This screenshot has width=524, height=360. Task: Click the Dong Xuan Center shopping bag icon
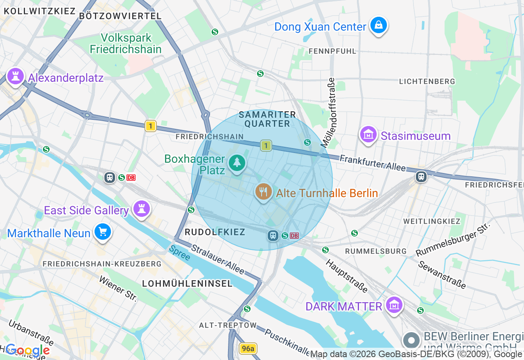point(379,26)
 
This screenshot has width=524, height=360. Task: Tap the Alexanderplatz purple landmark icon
point(16,76)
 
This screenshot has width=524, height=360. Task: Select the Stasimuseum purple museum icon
point(368,135)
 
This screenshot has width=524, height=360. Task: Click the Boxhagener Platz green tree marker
point(237,163)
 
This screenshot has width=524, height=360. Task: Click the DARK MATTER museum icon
point(394,305)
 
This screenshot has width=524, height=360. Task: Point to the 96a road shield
point(248,349)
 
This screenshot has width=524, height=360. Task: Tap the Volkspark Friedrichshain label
point(125,43)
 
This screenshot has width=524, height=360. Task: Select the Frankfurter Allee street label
point(373,163)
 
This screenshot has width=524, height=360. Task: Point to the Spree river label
point(180,253)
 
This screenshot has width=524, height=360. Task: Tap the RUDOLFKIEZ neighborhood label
point(215,232)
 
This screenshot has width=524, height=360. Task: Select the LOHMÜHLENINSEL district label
point(187,283)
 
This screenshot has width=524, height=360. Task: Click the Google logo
point(27,351)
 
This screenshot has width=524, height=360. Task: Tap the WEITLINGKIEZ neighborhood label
point(432,221)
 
